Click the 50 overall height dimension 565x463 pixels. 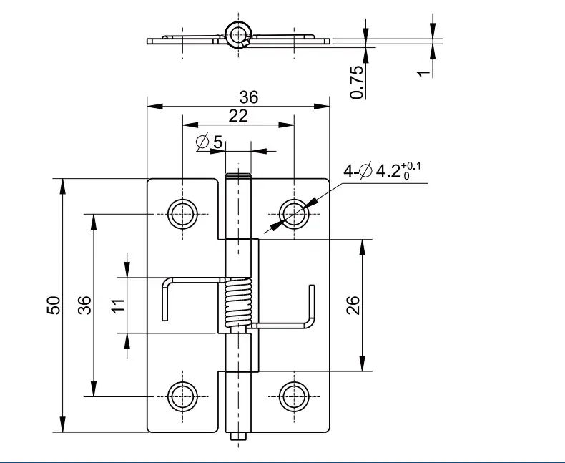(54, 305)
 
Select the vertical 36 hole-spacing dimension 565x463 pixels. (84, 305)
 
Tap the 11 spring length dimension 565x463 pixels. (118, 306)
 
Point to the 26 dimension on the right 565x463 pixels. (353, 305)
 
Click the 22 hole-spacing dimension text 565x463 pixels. (238, 116)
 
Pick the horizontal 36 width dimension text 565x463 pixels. (249, 97)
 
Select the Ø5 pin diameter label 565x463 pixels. (209, 142)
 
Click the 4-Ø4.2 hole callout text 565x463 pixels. (382, 170)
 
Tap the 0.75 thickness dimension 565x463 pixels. (357, 82)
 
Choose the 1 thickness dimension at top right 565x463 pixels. (423, 73)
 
